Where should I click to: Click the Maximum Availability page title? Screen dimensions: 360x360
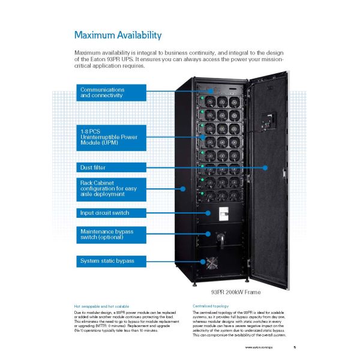(118, 35)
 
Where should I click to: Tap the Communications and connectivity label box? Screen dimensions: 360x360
(110, 92)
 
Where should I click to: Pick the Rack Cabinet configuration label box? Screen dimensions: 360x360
(110, 188)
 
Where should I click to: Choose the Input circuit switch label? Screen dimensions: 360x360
(110, 212)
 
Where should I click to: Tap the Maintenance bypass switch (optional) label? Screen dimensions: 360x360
(110, 234)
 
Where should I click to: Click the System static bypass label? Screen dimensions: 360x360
(110, 260)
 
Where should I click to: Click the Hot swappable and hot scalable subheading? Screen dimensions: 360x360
(101, 307)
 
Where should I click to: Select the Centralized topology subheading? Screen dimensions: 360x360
(212, 307)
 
